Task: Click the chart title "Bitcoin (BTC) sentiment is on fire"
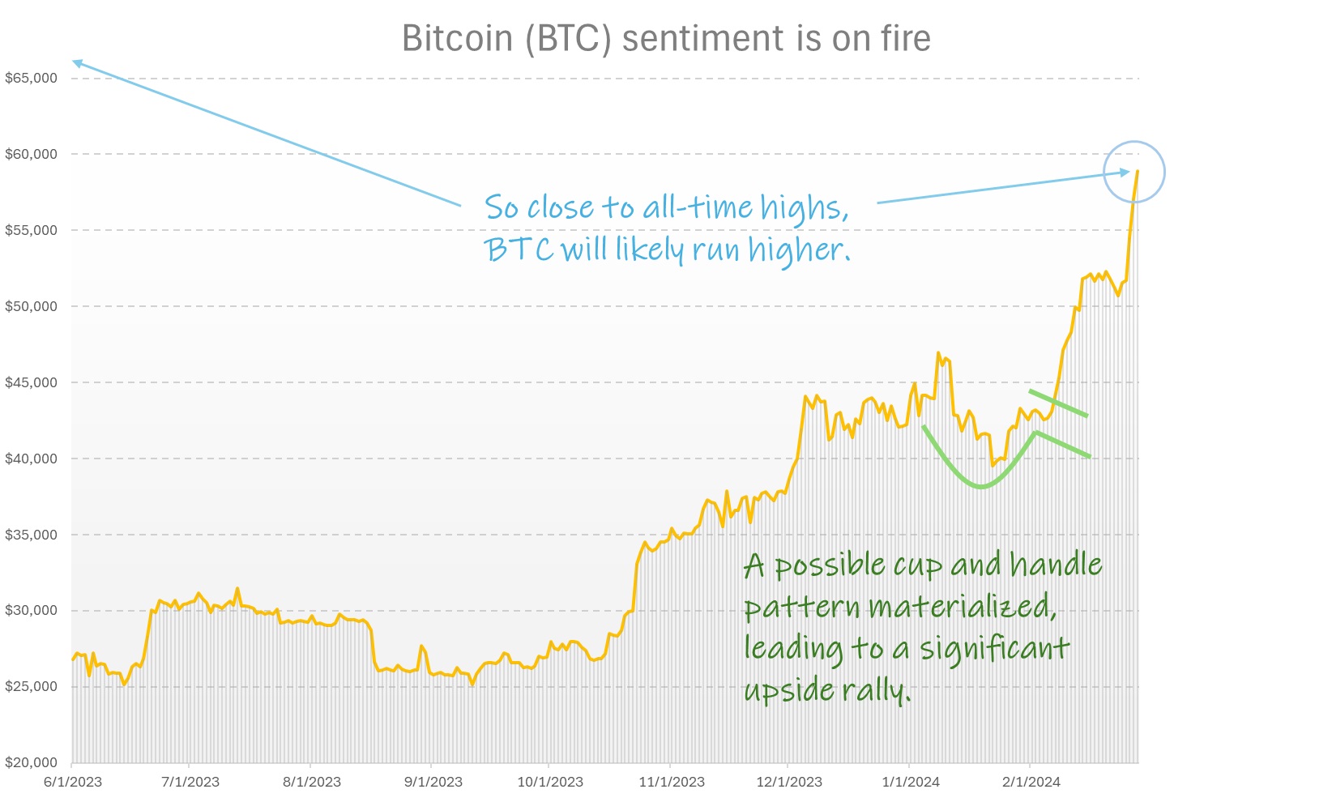coord(666,38)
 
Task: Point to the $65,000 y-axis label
coord(31,79)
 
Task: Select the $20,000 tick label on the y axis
coord(31,762)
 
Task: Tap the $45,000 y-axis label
coord(31,382)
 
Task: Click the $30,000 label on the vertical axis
coord(31,611)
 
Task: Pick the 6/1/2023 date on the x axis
coord(73,782)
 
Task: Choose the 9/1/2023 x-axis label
coord(433,782)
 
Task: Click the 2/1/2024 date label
coord(1031,782)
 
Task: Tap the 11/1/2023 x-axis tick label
coord(672,782)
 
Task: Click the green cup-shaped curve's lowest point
coord(981,487)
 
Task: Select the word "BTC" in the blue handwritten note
coord(519,250)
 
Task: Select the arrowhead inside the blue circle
coord(1125,172)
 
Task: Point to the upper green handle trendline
coord(1058,403)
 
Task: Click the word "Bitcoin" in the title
coord(457,38)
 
